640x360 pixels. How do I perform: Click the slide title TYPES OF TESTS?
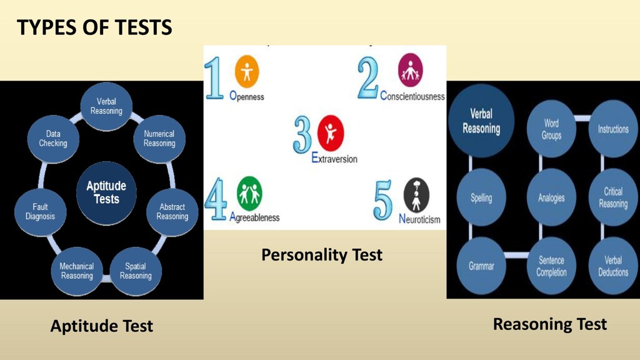pyautogui.click(x=94, y=27)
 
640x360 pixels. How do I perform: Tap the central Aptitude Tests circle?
pyautogui.click(x=106, y=192)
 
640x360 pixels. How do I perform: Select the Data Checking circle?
pyautogui.click(x=53, y=139)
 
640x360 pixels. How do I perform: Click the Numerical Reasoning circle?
pyautogui.click(x=159, y=139)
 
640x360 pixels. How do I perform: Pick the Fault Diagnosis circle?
pyautogui.click(x=40, y=212)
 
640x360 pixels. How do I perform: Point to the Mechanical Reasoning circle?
pyautogui.click(x=77, y=271)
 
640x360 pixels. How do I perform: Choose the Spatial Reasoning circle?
pyautogui.click(x=136, y=271)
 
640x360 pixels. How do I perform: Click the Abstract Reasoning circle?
pyautogui.click(x=172, y=212)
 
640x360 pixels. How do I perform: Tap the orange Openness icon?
pyautogui.click(x=246, y=72)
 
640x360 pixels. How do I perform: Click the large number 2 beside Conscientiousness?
pyautogui.click(x=368, y=78)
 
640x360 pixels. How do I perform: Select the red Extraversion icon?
pyautogui.click(x=330, y=132)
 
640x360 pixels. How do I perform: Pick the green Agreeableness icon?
pyautogui.click(x=249, y=194)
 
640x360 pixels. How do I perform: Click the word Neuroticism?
pyautogui.click(x=419, y=219)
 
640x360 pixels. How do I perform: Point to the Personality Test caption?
pyautogui.click(x=321, y=255)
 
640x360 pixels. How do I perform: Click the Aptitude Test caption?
pyautogui.click(x=101, y=326)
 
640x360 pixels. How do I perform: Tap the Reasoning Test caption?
pyautogui.click(x=549, y=324)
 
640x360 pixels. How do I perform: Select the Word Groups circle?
pyautogui.click(x=551, y=129)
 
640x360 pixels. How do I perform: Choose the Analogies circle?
pyautogui.click(x=551, y=197)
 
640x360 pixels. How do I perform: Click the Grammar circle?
pyautogui.click(x=481, y=266)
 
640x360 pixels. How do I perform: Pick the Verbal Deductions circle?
pyautogui.click(x=613, y=266)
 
